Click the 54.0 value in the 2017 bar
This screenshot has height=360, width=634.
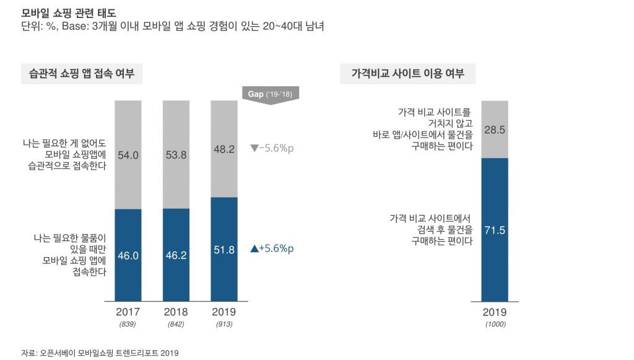click(128, 156)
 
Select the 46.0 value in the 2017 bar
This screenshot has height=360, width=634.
click(128, 255)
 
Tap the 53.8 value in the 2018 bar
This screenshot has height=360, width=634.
click(176, 155)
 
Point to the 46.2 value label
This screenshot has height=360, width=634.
click(176, 255)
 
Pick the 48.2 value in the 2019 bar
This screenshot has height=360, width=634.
click(224, 149)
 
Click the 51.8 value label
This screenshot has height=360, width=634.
click(224, 250)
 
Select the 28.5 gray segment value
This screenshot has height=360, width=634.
click(495, 130)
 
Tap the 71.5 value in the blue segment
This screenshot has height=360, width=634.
click(495, 230)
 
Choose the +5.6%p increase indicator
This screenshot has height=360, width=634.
click(272, 248)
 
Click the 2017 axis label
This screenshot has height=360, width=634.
click(128, 311)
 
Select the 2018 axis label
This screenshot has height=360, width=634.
click(176, 311)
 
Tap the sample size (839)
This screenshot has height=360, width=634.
click(128, 324)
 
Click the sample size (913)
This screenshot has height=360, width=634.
click(224, 324)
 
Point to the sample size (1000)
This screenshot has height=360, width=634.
click(495, 324)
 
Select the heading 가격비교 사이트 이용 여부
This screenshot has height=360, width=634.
click(407, 74)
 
